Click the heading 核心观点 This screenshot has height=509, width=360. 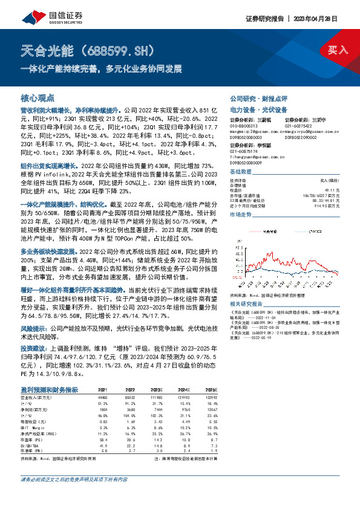click(38, 97)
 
